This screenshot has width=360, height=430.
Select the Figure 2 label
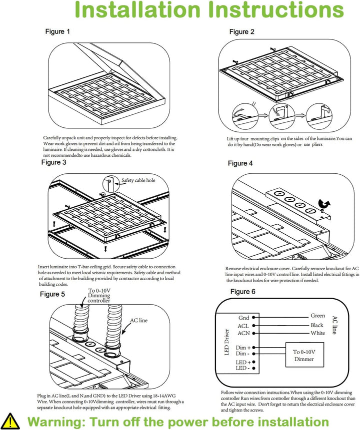[x=242, y=32]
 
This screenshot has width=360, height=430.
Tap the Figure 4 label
[x=240, y=163]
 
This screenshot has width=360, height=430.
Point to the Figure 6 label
[x=243, y=292]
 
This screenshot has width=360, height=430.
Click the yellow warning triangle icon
[x=11, y=420]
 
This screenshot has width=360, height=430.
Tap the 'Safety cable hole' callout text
[x=142, y=180]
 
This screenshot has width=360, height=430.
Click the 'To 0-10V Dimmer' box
[x=304, y=356]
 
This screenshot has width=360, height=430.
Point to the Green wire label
[x=317, y=316]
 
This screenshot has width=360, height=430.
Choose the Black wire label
[x=317, y=325]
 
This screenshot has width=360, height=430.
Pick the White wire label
[x=317, y=333]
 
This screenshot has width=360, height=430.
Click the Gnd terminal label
[x=243, y=318]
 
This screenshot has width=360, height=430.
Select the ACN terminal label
[x=243, y=333]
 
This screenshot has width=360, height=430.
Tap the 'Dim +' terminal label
[x=243, y=347]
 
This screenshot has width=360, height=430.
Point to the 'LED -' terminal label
[x=242, y=368]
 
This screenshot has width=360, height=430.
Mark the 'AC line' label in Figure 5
[x=139, y=320]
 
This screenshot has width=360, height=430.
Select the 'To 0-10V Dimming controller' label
[x=99, y=296]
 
